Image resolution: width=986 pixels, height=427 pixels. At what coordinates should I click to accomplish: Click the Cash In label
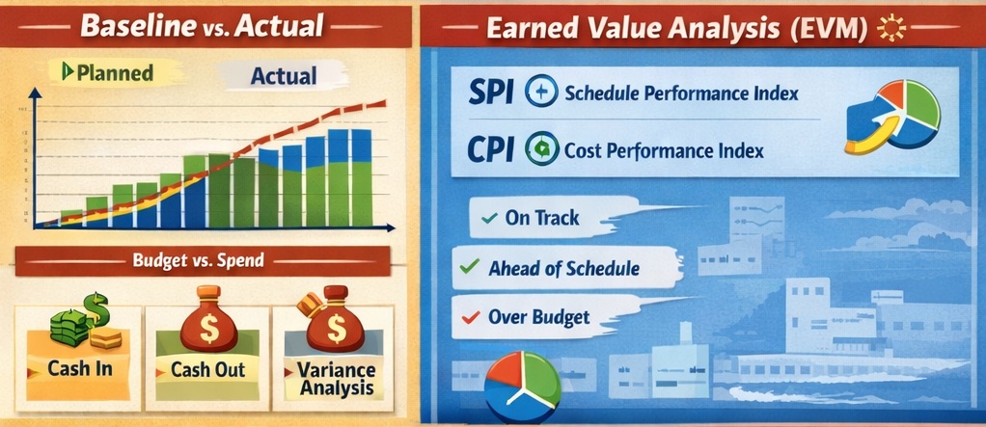coord(80,369)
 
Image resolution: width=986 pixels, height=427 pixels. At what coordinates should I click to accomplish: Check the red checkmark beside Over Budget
coord(470,316)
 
